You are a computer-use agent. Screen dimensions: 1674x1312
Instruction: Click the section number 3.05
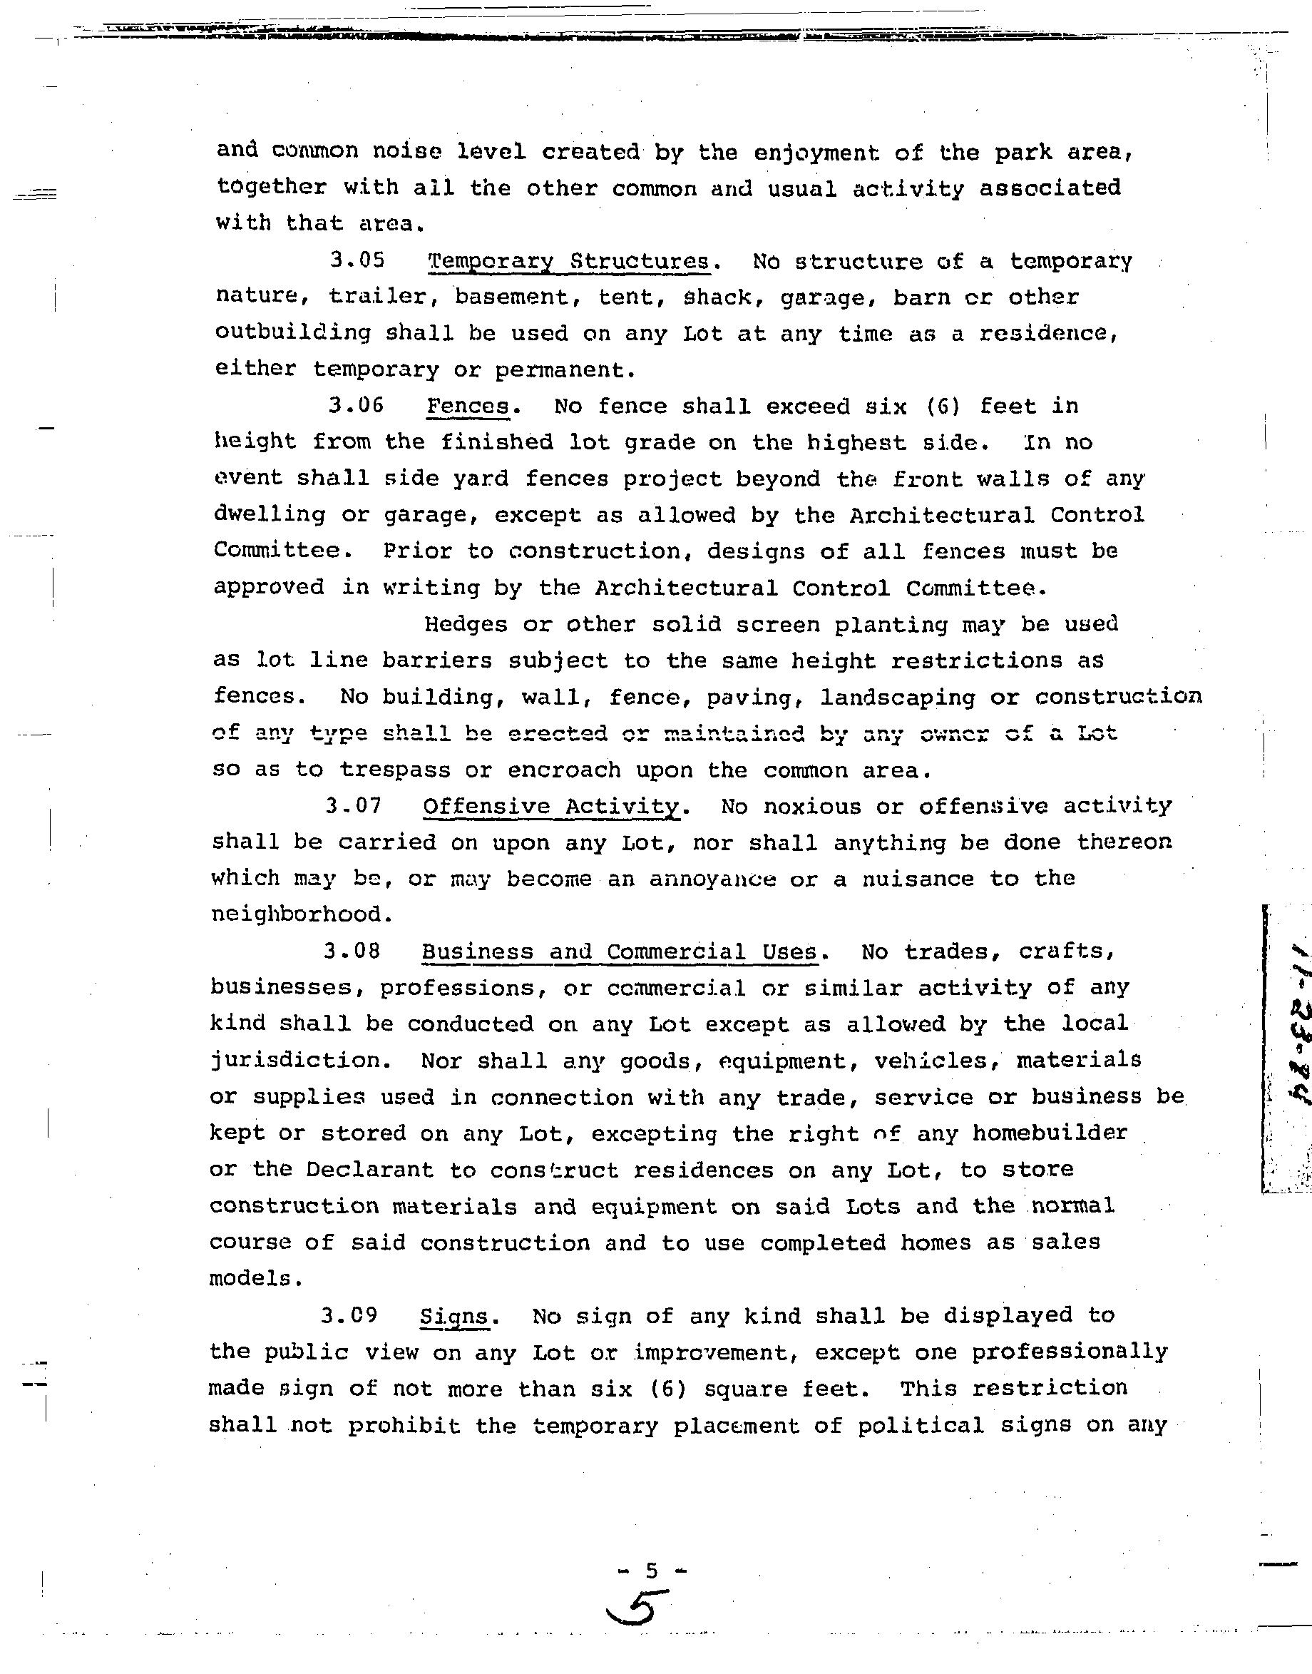[357, 260]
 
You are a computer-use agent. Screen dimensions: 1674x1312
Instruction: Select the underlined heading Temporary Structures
[569, 261]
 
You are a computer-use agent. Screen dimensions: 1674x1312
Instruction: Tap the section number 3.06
[356, 405]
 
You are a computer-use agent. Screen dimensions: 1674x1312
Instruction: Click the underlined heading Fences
[468, 406]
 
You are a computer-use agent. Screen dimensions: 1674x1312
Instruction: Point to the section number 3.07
[354, 806]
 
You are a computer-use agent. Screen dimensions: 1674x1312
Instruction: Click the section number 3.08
[352, 951]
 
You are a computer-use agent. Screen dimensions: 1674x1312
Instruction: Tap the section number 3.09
[349, 1315]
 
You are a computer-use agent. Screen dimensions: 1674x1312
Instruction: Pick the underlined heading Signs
[455, 1317]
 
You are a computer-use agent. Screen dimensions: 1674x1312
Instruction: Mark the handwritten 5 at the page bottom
[637, 1610]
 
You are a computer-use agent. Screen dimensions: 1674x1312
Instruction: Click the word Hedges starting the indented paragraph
[466, 624]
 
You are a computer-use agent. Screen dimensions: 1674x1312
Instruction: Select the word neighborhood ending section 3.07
[296, 914]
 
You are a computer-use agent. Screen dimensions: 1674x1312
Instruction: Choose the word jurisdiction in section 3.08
[296, 1061]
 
